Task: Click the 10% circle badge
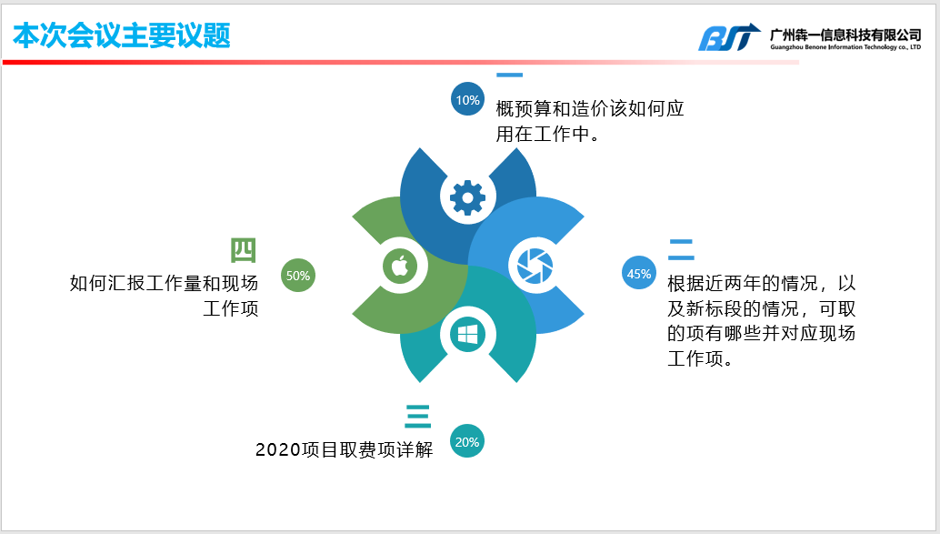pos(468,100)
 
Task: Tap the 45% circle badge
pos(639,273)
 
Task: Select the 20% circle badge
pos(467,443)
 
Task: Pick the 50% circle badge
pos(298,276)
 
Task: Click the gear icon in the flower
pos(468,197)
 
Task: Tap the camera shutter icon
pos(534,266)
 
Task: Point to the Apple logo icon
pos(399,267)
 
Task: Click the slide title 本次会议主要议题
pos(121,35)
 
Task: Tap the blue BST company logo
pos(728,37)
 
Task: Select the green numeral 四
pos(244,250)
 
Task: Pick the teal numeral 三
pos(418,416)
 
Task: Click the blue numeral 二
pos(681,249)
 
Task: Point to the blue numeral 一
pos(509,76)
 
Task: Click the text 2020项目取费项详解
pos(345,449)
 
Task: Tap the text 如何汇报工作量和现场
pos(165,284)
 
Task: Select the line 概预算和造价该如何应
pos(590,109)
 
